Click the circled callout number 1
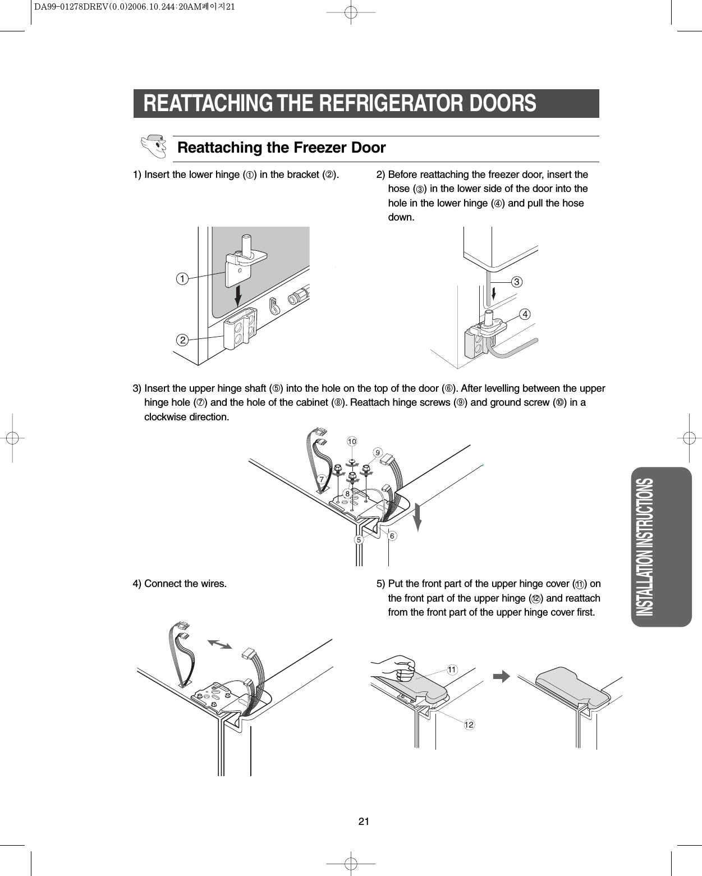click(181, 278)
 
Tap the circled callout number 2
click(181, 340)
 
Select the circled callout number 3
click(516, 282)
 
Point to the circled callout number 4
click(525, 315)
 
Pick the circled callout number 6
click(392, 536)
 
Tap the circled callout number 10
click(351, 442)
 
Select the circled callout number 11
click(452, 669)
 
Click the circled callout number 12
click(469, 725)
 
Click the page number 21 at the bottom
click(364, 822)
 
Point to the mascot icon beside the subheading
click(153, 145)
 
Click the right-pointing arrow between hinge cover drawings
click(502, 676)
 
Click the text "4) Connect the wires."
click(180, 584)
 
